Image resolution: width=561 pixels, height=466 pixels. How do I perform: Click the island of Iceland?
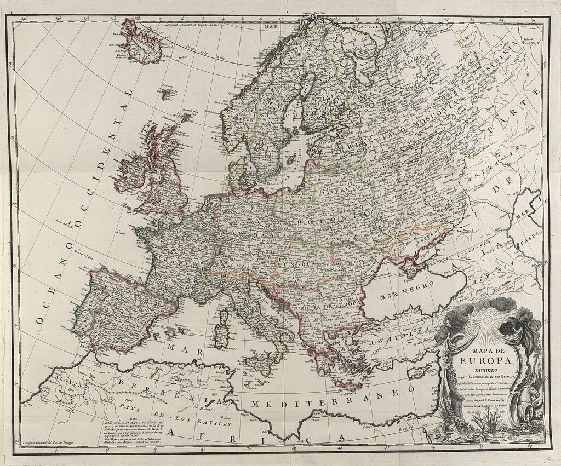pos(140,41)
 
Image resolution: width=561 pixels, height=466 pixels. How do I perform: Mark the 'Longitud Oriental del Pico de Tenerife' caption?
pos(53,441)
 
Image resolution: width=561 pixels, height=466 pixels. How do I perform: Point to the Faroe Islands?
pos(165,91)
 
